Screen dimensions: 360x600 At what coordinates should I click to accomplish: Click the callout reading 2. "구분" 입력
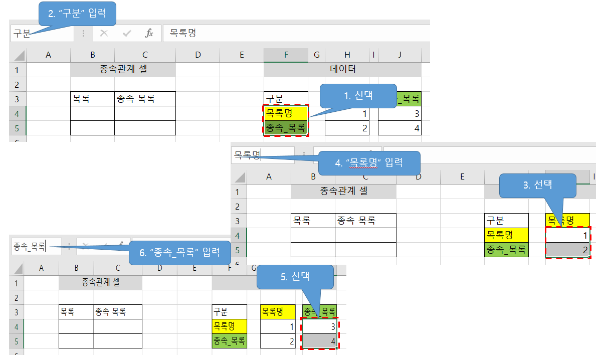77,14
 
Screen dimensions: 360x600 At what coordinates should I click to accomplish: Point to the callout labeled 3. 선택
537,185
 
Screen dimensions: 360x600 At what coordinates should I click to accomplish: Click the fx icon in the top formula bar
149,34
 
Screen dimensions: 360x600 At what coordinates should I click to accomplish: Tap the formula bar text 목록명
183,34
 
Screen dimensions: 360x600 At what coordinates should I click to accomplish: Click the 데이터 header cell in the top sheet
343,69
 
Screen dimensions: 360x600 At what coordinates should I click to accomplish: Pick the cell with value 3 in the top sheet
399,114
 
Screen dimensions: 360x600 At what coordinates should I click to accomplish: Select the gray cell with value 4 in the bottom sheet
319,341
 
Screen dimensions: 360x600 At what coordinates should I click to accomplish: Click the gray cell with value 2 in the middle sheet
567,250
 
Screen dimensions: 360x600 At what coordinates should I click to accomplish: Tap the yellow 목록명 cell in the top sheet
286,113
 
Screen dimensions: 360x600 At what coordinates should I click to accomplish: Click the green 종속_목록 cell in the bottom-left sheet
229,341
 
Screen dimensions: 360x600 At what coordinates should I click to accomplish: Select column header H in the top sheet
347,55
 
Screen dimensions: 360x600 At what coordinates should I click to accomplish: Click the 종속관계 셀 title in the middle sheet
343,191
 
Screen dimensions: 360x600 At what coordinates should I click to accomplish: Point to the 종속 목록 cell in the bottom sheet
117,312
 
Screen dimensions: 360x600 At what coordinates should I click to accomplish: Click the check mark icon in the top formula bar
127,34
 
